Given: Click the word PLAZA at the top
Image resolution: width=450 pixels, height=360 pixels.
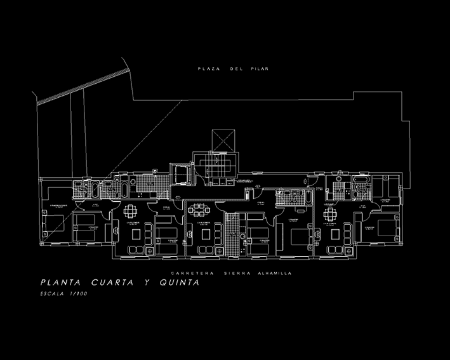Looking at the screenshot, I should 208,68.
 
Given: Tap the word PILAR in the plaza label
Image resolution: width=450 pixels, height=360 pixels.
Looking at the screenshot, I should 261,68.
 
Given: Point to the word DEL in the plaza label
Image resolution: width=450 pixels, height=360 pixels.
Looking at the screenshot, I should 236,68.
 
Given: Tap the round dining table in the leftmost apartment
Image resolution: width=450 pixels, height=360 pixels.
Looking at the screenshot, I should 130,210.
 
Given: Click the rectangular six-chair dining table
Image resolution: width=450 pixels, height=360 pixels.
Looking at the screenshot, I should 201,209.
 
